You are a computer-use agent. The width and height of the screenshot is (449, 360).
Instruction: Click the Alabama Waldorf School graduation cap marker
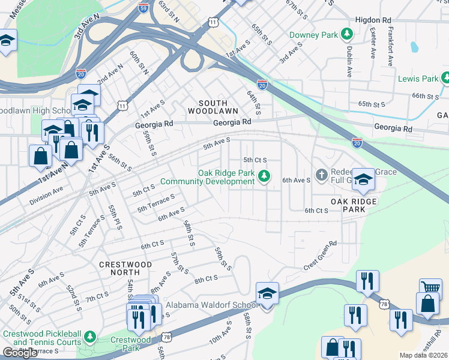pyautogui.click(x=267, y=293)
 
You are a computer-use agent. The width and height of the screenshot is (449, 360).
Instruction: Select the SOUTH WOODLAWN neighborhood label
pyautogui.click(x=212, y=106)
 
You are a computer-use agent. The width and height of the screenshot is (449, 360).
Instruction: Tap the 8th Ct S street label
pyautogui.click(x=205, y=279)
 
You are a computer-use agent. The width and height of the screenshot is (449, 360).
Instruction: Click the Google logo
pyautogui.click(x=20, y=353)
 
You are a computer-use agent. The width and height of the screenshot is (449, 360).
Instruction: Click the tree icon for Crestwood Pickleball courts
pyautogui.click(x=90, y=337)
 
